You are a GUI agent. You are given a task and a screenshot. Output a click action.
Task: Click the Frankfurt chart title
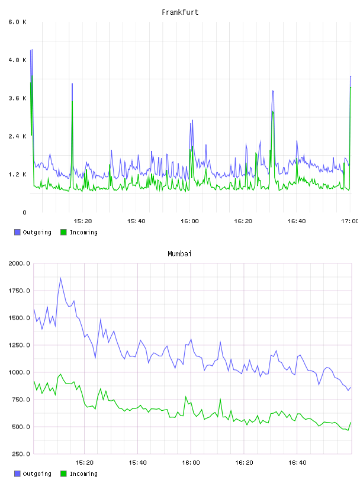tap(180, 12)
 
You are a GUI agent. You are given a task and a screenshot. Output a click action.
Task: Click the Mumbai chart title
tap(179, 254)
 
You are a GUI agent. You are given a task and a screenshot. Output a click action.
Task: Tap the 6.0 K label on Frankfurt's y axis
tap(18, 22)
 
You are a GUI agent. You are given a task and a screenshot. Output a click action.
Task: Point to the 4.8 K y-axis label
tap(18, 60)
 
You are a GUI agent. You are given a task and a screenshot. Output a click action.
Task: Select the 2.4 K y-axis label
tap(18, 137)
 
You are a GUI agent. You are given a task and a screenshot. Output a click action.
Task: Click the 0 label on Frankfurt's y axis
tap(25, 212)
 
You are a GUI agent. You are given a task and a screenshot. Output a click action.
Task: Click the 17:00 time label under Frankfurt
tap(349, 221)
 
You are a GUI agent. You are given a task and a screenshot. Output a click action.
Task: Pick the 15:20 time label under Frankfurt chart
tap(83, 221)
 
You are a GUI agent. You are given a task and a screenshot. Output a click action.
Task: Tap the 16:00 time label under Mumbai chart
tap(191, 463)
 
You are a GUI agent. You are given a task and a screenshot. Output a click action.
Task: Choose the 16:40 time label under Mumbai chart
tap(297, 463)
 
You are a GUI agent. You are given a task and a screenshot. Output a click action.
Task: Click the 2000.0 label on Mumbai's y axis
tap(19, 263)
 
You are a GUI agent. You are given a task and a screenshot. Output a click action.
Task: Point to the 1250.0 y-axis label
tap(19, 345)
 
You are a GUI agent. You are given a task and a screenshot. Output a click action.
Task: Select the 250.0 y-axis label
tap(21, 454)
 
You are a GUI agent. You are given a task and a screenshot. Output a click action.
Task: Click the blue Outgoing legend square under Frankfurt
tap(17, 232)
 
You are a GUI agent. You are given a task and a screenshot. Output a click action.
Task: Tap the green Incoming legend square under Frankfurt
tap(63, 232)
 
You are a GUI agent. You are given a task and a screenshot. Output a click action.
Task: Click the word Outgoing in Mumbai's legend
tap(37, 474)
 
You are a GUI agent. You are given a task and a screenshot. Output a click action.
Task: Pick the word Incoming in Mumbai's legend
tap(83, 474)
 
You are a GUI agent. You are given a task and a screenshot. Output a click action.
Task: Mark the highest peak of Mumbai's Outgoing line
tap(60, 278)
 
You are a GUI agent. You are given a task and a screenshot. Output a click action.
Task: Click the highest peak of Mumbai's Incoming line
tap(60, 374)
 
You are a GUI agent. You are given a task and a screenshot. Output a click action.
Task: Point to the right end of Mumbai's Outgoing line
tap(351, 388)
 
